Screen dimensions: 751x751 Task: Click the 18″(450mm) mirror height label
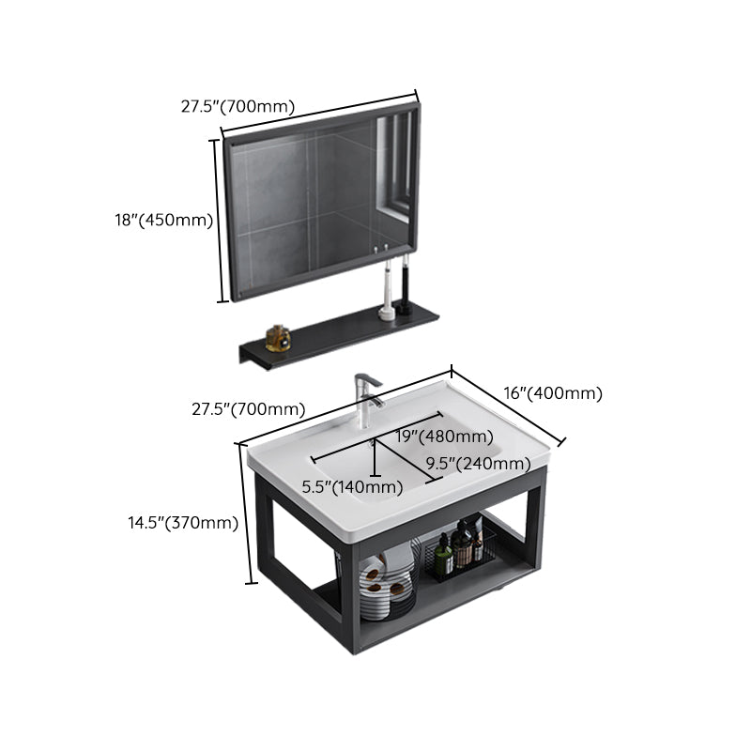(163, 220)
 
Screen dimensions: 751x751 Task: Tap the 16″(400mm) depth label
(553, 393)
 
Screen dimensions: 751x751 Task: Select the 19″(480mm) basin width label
(444, 437)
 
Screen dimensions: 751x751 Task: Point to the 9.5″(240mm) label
(479, 464)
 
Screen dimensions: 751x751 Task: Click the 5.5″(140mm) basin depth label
(352, 487)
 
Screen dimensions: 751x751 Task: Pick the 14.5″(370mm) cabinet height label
(183, 523)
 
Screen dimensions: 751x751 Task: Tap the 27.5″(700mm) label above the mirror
(238, 106)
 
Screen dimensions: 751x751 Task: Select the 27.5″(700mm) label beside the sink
(249, 409)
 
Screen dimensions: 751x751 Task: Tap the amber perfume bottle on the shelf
(278, 338)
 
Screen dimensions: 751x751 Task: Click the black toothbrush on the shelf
(406, 285)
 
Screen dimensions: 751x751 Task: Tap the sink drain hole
(372, 443)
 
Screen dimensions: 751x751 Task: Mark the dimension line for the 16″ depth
(507, 406)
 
